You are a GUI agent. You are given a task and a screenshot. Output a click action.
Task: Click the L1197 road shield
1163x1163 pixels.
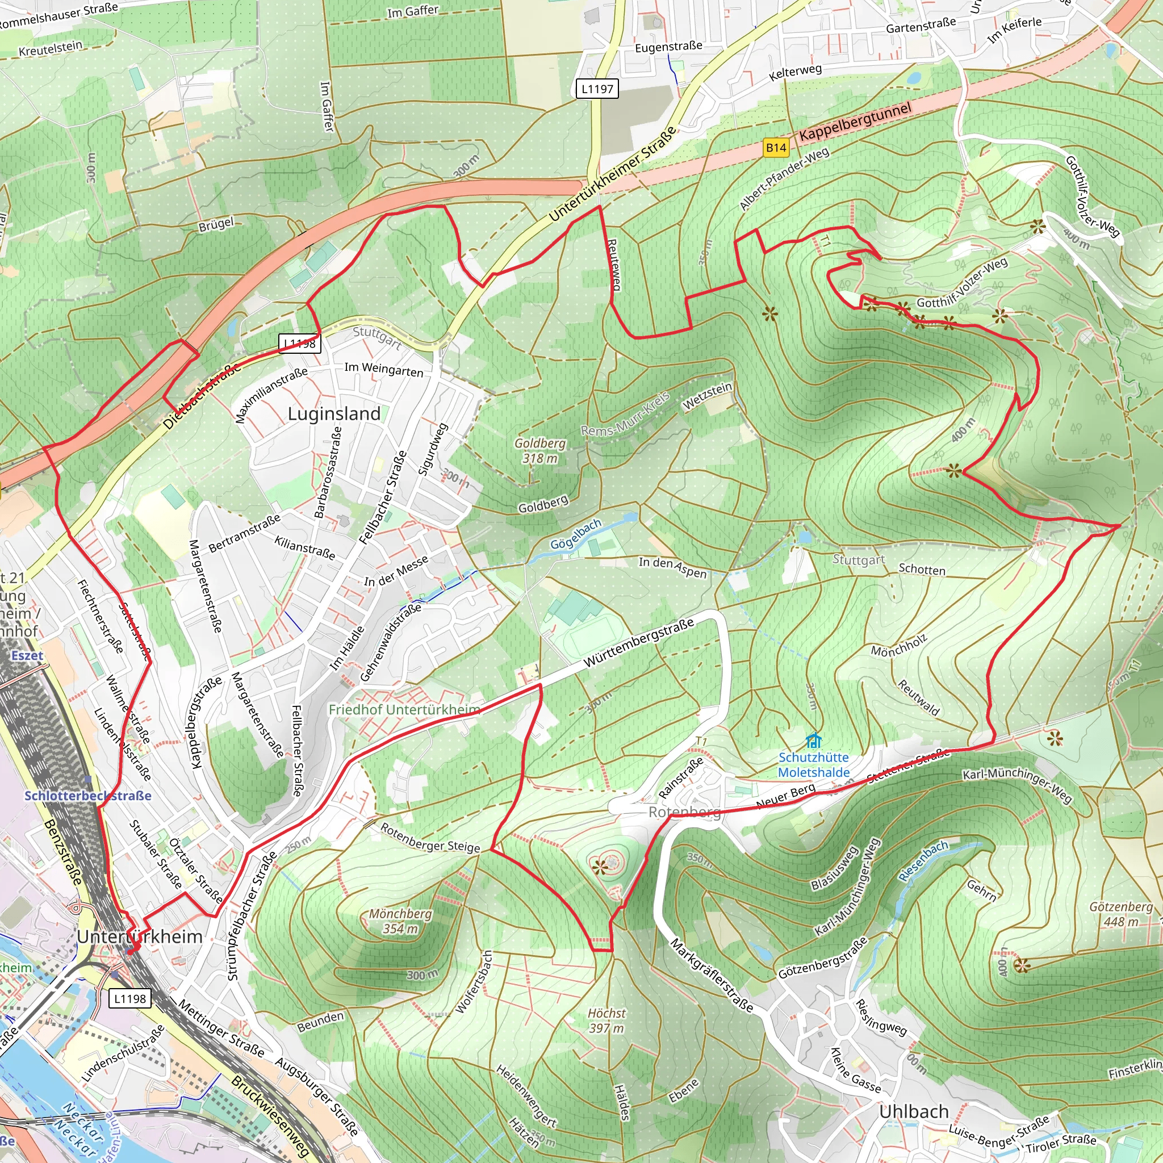[597, 89]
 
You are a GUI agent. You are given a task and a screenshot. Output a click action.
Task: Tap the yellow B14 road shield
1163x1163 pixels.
[776, 148]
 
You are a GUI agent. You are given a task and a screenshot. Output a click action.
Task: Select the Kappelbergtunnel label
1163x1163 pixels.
[855, 122]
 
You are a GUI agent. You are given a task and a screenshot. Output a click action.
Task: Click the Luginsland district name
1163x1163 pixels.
[334, 413]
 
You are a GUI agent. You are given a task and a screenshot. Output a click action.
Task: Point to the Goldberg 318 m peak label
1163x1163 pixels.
[540, 450]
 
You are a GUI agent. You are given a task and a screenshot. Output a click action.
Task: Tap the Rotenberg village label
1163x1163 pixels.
[684, 813]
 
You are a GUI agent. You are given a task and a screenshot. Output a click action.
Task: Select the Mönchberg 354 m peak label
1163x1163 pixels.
[400, 921]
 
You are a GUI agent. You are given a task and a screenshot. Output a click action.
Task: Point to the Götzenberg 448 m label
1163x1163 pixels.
[1121, 914]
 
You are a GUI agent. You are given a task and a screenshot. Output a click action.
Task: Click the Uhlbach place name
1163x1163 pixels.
[914, 1111]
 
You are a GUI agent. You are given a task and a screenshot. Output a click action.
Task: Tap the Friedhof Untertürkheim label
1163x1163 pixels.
[404, 710]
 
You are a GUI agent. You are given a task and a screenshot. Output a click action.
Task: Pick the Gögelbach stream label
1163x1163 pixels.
[575, 534]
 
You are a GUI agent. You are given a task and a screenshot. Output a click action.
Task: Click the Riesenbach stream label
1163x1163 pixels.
[923, 861]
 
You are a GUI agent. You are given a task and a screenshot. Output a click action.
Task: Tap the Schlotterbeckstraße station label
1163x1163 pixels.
[88, 796]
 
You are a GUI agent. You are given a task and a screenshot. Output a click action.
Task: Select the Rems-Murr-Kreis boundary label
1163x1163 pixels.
[625, 414]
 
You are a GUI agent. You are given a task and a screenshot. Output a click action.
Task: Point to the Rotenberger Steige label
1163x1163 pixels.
[430, 838]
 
